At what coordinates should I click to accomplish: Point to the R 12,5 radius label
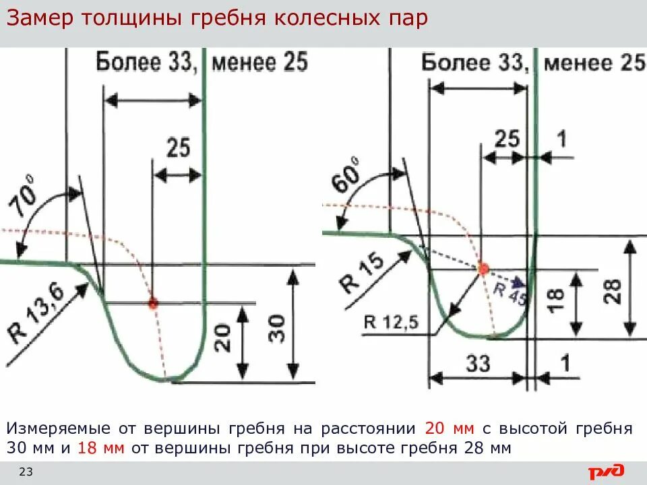(x=391, y=321)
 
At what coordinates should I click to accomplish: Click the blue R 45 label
(x=509, y=292)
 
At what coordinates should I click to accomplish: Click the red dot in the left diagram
(x=154, y=303)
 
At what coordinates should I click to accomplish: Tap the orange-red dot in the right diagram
(x=483, y=269)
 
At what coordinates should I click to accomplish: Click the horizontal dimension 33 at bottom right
(x=478, y=364)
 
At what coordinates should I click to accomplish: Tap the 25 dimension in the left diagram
(x=177, y=148)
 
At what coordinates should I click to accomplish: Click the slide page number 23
(x=26, y=471)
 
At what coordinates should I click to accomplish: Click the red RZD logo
(x=607, y=472)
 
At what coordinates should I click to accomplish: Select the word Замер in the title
(x=40, y=19)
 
